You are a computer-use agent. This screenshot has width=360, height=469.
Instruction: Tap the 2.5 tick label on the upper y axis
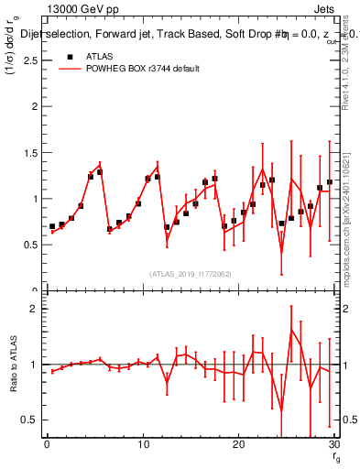[30, 60]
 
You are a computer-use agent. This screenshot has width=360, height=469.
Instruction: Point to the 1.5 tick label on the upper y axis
[30, 152]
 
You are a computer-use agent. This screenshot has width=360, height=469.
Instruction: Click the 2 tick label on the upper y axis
[35, 106]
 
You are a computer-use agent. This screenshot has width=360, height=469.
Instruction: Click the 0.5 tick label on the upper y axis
[30, 245]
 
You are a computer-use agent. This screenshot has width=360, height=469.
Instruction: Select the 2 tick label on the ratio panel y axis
[35, 309]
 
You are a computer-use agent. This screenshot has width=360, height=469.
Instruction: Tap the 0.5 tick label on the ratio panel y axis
[30, 420]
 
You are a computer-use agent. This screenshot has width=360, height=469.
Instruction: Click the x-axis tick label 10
[142, 444]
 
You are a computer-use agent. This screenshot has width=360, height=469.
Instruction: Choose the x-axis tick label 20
[238, 444]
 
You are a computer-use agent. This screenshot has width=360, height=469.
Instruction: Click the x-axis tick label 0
[47, 444]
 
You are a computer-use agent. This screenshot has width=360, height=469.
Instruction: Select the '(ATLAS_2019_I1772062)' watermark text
[190, 274]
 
